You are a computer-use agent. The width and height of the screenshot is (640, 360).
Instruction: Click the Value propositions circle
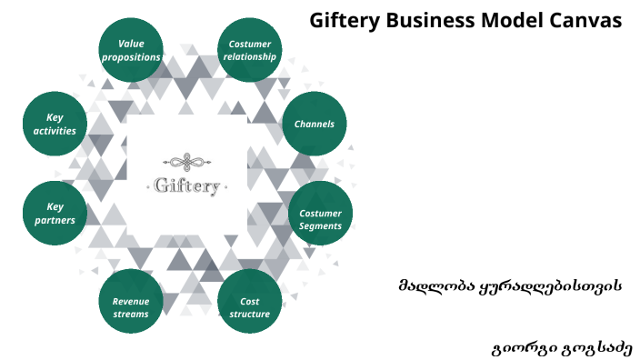(x=131, y=50)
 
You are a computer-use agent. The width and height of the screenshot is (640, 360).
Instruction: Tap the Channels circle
(x=314, y=124)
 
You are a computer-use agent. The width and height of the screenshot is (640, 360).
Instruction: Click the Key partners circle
(x=55, y=214)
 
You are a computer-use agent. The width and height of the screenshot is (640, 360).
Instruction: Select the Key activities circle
(x=55, y=124)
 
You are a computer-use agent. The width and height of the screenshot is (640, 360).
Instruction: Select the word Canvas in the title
(x=588, y=20)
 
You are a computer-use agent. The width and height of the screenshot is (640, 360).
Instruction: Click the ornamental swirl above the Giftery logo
(x=186, y=164)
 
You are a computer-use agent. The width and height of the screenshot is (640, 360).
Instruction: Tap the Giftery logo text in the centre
(x=186, y=187)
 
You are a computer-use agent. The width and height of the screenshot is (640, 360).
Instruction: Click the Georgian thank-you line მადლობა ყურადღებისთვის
(x=509, y=285)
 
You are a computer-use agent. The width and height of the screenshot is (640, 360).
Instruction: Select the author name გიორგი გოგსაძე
(x=560, y=347)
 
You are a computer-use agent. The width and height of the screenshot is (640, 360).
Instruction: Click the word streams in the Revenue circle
(x=131, y=315)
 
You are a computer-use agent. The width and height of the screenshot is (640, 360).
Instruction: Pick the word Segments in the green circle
(x=320, y=225)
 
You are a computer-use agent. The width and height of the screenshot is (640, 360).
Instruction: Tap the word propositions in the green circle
(x=131, y=56)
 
